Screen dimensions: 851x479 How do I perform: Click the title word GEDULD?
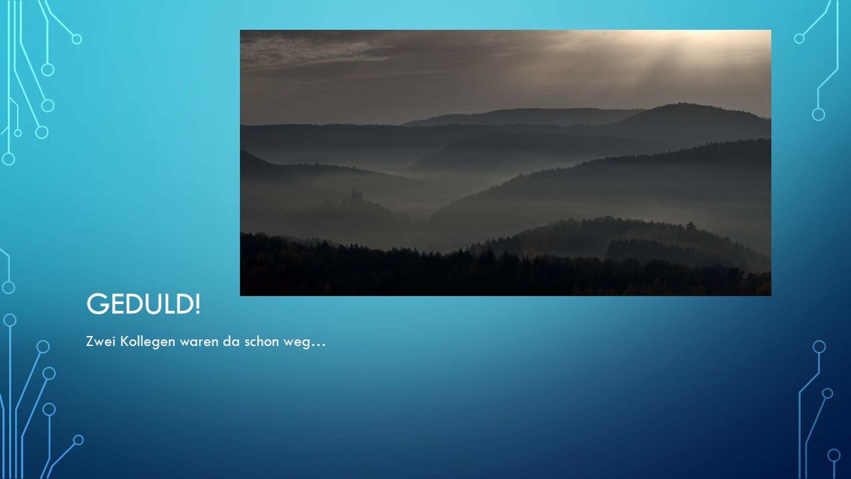(143, 304)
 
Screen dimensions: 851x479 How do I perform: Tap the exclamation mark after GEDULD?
(198, 304)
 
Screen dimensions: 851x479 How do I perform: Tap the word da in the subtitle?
(231, 342)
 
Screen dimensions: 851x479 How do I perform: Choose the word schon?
(262, 342)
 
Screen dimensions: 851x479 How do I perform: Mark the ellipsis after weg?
(317, 346)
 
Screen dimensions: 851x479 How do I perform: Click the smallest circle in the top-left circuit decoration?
(18, 133)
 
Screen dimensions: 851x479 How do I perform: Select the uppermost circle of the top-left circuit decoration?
(77, 39)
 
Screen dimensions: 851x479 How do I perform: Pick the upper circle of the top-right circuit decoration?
(799, 39)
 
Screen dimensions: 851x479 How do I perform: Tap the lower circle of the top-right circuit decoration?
(818, 114)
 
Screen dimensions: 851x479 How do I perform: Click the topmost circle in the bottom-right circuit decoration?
(819, 347)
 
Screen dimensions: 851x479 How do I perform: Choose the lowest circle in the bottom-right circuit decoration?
(834, 455)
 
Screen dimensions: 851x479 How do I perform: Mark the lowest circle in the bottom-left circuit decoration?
(78, 440)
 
